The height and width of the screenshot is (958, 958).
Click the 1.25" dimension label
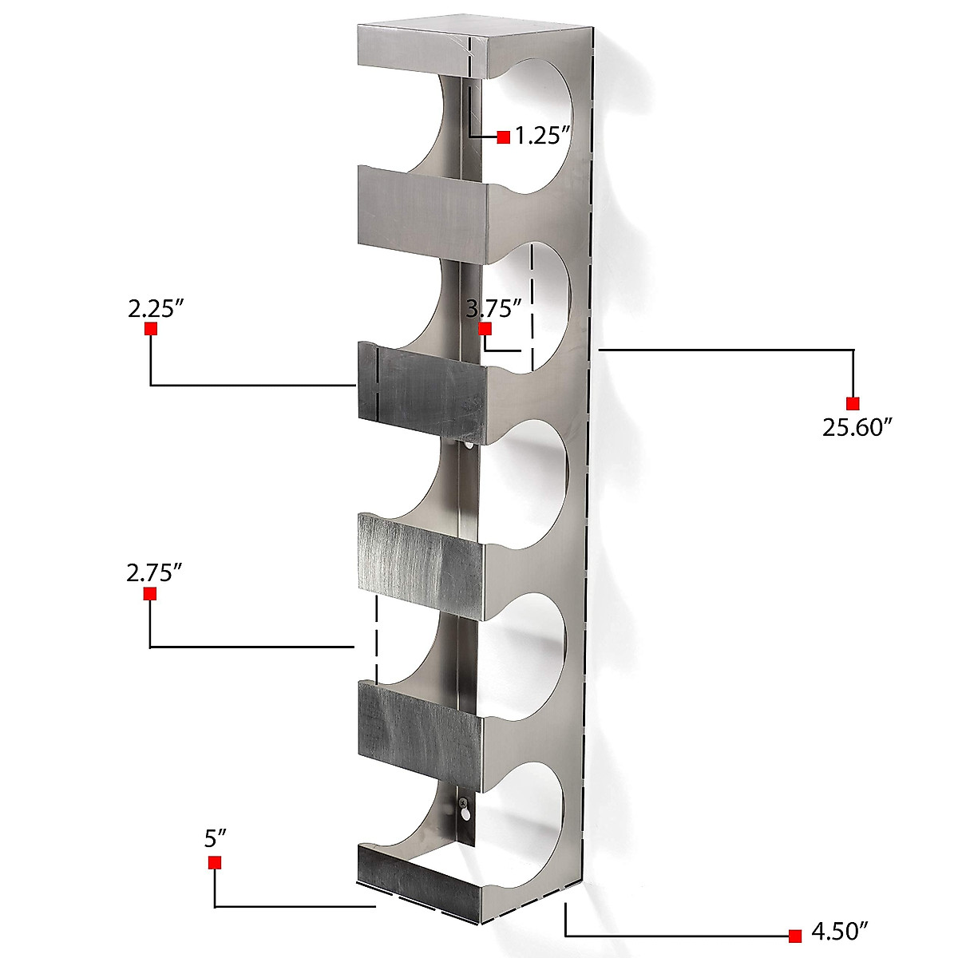pos(541,136)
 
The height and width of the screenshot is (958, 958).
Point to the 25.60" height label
pos(857,428)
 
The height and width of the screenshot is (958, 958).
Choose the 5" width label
pos(216,838)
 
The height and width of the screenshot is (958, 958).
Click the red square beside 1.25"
pos(504,137)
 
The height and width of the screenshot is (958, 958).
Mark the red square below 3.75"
pos(485,329)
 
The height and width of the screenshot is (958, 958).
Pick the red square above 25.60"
pos(853,403)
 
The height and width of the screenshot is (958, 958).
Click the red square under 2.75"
pos(149,594)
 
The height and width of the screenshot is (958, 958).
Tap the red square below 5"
pos(215,862)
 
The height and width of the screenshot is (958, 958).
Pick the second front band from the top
pos(419,212)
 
